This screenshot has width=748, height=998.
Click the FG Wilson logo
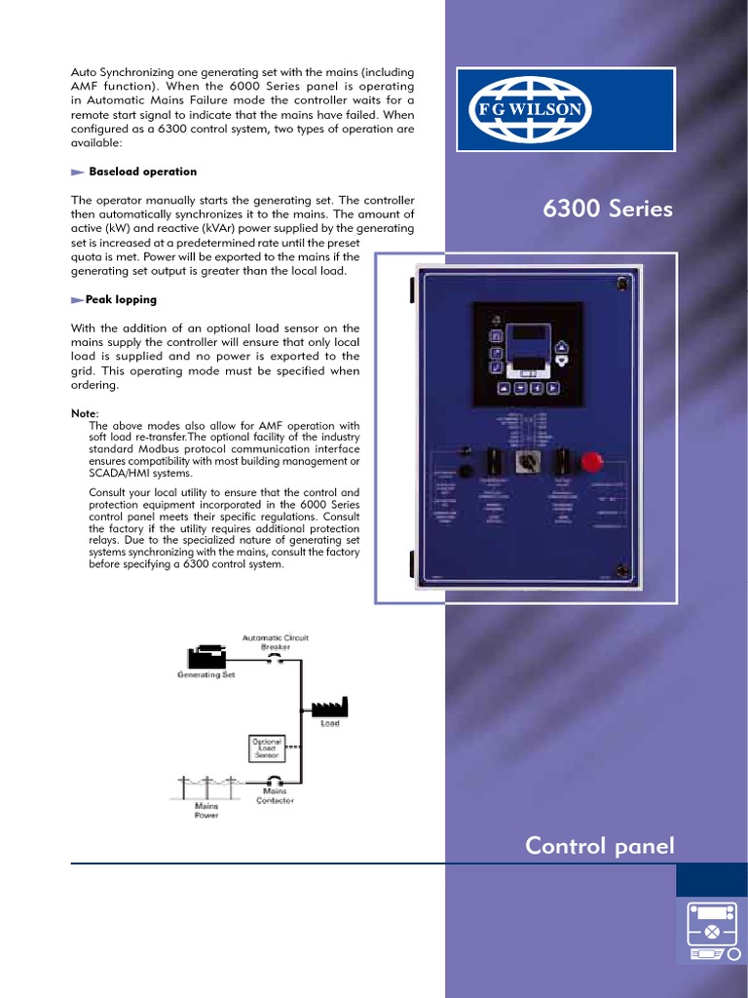point(532,109)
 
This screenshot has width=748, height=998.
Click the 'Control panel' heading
point(599,846)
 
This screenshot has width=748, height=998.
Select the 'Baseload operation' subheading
point(142,172)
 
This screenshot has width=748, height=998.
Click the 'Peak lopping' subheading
point(121,299)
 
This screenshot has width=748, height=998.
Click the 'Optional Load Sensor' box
point(266,748)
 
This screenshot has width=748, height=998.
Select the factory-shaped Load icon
point(329,707)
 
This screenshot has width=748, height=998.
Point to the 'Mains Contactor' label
point(274,795)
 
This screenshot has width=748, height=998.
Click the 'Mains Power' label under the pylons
point(206,810)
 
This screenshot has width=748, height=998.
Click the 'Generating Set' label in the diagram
point(206,673)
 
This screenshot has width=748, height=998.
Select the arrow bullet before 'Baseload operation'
point(78,172)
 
